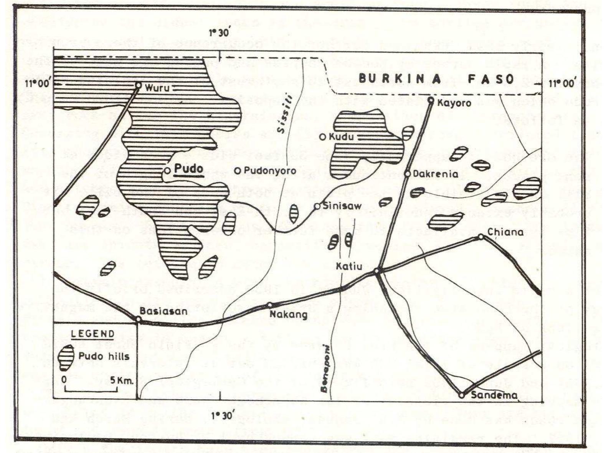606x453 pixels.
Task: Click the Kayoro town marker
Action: [x=431, y=101]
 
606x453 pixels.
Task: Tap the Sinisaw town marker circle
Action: [x=317, y=206]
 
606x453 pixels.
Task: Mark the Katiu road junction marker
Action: [x=377, y=271]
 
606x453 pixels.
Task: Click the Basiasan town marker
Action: [x=138, y=319]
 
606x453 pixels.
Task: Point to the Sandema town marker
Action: [x=462, y=395]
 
